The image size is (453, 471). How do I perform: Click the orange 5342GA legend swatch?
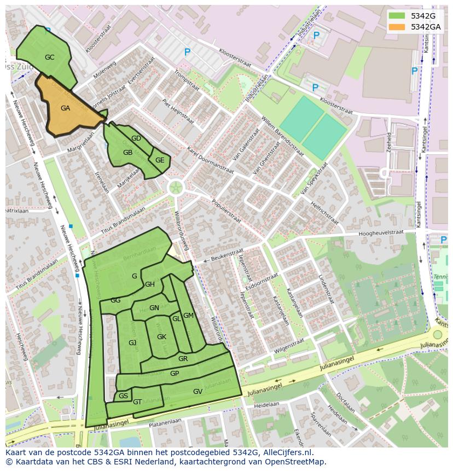click(x=397, y=27)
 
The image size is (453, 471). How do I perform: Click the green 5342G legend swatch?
click(x=397, y=16)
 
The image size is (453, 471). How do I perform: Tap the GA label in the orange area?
click(x=65, y=108)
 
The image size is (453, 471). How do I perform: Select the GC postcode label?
click(x=49, y=57)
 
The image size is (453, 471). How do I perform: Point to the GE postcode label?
click(x=160, y=160)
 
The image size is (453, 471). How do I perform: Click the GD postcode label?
click(x=136, y=138)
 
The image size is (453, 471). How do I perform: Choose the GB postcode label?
click(x=127, y=153)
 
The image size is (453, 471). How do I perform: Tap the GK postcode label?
click(x=161, y=337)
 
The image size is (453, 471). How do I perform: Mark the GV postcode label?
click(x=198, y=392)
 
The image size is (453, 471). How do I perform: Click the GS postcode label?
click(x=123, y=396)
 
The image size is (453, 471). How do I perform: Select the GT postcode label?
click(x=137, y=402)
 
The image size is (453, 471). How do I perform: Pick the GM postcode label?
click(x=188, y=316)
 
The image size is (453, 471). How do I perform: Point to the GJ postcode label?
click(x=132, y=343)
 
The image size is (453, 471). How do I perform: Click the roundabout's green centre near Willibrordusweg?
click(x=176, y=188)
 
